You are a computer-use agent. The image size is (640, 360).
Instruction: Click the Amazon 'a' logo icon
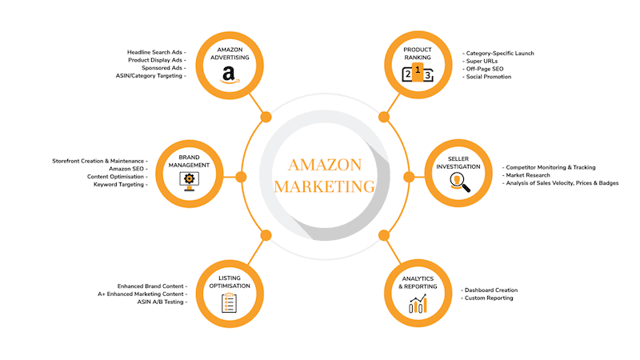pyautogui.click(x=230, y=74)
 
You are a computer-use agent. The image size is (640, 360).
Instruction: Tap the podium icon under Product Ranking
pyautogui.click(x=417, y=73)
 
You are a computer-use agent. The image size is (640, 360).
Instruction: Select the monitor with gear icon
pyautogui.click(x=189, y=182)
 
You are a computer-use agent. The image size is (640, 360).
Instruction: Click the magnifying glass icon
pyautogui.click(x=459, y=182)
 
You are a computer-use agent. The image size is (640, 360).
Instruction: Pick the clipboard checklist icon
pyautogui.click(x=229, y=303)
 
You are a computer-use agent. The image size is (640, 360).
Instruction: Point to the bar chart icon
pyautogui.click(x=418, y=305)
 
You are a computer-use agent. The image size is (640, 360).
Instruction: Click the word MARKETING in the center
pyautogui.click(x=325, y=186)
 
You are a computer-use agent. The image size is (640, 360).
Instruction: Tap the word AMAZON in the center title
pyautogui.click(x=325, y=165)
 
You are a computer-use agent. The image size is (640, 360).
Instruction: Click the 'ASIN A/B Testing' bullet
pyautogui.click(x=162, y=302)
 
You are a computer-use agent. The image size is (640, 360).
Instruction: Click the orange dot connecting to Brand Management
pyautogui.click(x=241, y=177)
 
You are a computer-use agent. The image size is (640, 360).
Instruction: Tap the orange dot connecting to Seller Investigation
pyautogui.click(x=409, y=177)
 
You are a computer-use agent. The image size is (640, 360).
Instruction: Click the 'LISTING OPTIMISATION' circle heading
pyautogui.click(x=230, y=282)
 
